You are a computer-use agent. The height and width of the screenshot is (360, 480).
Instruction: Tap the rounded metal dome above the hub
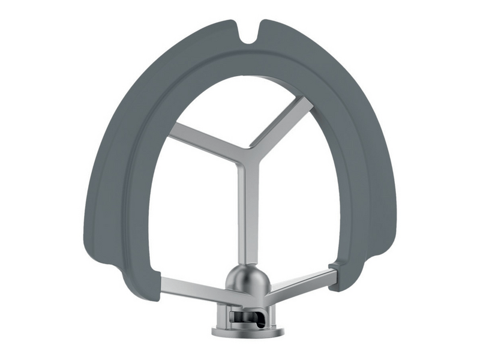point(246,278)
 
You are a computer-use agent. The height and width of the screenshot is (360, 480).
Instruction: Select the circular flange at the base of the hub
point(246,331)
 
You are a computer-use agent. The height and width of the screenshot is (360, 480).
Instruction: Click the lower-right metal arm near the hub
point(300,282)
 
